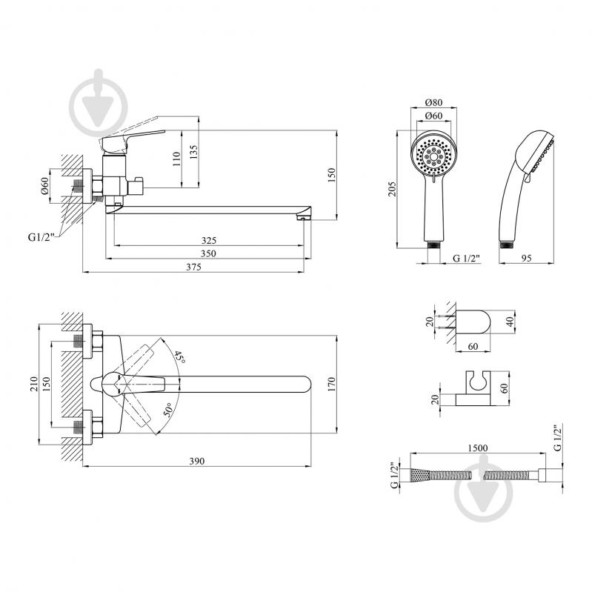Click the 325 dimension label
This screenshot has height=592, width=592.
(x=209, y=241)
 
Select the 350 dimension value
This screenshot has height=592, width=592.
(x=208, y=253)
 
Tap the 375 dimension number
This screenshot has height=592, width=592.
(x=193, y=267)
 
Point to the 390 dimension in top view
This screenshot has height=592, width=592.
(x=196, y=461)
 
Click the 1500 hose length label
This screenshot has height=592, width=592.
(x=478, y=448)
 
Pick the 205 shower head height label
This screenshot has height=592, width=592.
(x=392, y=189)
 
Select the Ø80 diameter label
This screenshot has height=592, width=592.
(x=433, y=102)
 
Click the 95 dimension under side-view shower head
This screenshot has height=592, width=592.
(x=526, y=258)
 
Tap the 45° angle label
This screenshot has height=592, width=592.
(x=180, y=357)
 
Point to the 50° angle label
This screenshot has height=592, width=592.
(x=168, y=410)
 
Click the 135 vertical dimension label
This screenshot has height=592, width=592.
(x=193, y=152)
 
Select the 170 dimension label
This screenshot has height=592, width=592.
(x=331, y=385)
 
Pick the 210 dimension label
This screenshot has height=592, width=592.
(x=34, y=384)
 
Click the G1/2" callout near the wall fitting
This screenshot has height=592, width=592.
(x=41, y=237)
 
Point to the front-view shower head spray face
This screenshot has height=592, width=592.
(x=433, y=155)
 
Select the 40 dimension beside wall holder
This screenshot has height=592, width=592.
(x=510, y=322)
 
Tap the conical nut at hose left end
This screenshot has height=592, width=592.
(x=420, y=475)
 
